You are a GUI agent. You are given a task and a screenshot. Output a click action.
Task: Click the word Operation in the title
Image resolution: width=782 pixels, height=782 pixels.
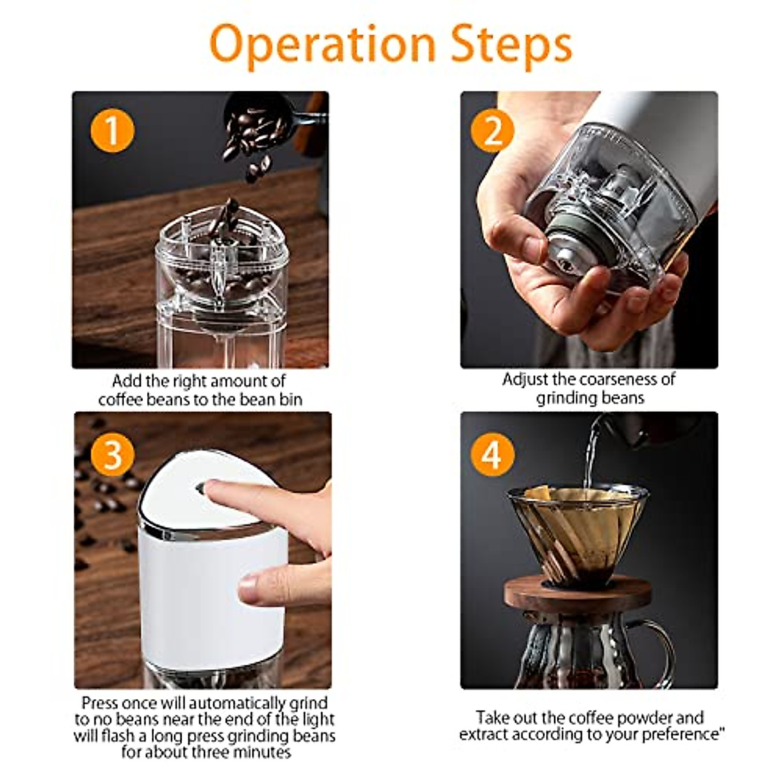323,44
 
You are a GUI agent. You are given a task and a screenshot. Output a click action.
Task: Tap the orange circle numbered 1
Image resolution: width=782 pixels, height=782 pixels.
112,131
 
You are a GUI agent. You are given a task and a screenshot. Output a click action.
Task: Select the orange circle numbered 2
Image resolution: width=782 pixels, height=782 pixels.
492,131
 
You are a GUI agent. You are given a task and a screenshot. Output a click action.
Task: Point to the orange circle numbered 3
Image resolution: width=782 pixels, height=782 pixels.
112,454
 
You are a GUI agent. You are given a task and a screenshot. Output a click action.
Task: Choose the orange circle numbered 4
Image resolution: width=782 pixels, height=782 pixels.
492,454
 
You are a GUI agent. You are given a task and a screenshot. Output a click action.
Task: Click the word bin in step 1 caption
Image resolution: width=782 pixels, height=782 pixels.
291,399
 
